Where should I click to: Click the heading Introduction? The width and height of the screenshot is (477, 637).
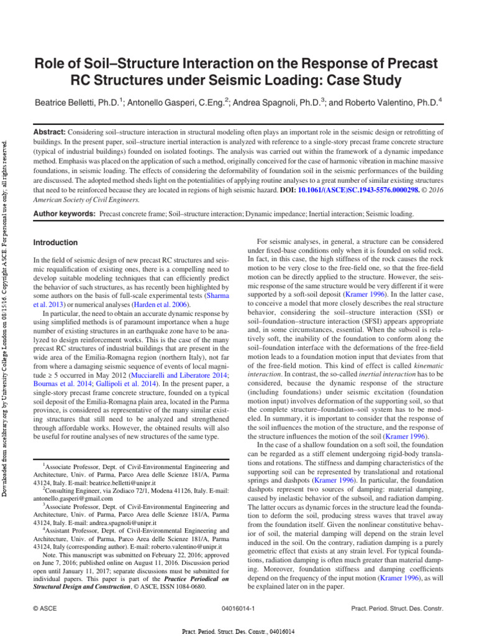coord(55,242)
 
